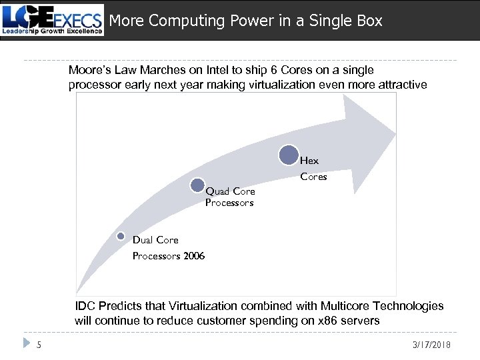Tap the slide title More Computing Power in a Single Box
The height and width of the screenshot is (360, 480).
245,21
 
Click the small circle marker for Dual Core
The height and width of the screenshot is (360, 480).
121,236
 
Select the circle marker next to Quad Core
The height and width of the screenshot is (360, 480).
198,185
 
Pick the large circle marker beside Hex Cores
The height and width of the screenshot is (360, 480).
289,155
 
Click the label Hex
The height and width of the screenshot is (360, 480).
309,161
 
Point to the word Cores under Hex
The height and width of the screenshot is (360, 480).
313,177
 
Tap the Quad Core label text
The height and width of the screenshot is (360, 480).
230,192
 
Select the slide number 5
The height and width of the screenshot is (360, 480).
39,344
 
